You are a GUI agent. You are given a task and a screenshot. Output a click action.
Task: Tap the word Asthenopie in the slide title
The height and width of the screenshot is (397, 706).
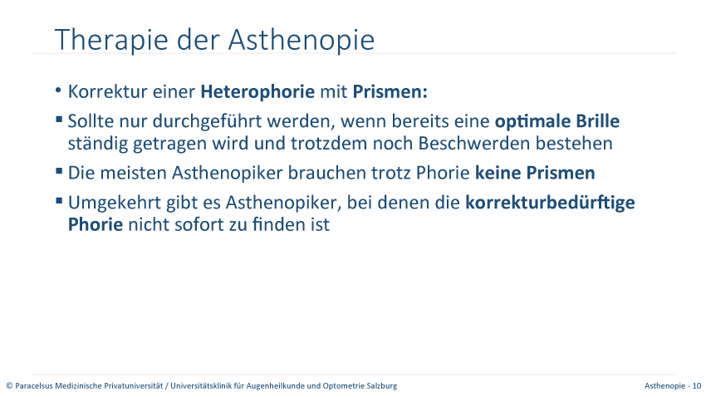tap(302, 40)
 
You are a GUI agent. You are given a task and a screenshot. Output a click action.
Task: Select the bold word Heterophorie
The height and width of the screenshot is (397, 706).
tap(257, 92)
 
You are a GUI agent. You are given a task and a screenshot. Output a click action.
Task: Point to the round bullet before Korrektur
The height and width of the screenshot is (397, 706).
tap(58, 90)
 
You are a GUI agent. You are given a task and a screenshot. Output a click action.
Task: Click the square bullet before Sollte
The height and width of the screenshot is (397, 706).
tap(59, 120)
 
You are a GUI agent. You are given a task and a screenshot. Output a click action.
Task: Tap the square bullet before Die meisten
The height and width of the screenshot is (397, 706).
tap(59, 171)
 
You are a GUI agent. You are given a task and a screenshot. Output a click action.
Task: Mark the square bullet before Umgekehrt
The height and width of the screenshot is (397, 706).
tap(59, 201)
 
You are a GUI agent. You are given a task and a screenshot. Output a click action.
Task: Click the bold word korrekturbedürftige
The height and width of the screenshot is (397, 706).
tap(550, 203)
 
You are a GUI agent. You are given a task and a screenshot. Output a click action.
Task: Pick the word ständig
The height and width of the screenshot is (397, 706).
tap(97, 144)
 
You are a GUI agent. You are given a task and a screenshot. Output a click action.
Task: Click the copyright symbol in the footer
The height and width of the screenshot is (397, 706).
tap(9, 385)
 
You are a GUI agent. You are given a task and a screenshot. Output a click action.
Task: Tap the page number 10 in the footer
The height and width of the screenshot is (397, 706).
tap(697, 385)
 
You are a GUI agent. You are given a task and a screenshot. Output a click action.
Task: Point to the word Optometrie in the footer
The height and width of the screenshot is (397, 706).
tap(344, 385)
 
